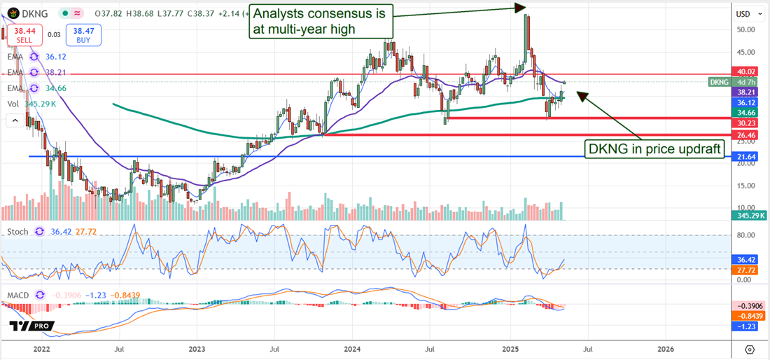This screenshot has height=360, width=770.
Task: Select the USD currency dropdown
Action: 747,14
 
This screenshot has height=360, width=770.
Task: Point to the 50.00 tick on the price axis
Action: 744,30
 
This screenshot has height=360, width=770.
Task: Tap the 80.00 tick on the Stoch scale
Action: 744,235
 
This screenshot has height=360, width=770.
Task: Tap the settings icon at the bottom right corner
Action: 750,349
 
